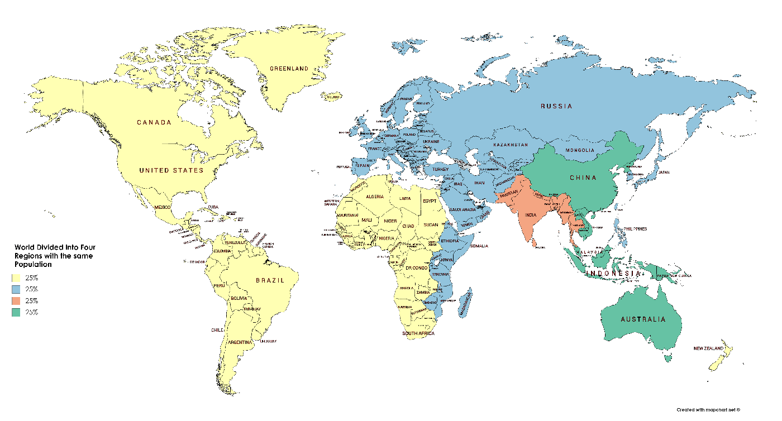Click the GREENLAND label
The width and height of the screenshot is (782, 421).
[x=289, y=69]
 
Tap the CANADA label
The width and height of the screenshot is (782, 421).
[x=154, y=122]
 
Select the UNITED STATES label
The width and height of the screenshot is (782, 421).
[x=171, y=170]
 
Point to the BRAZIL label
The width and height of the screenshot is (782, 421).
[x=270, y=280]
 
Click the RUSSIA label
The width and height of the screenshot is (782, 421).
[x=556, y=106]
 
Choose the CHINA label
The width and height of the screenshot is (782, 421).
[x=583, y=178]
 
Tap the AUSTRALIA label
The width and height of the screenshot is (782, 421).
[x=643, y=319]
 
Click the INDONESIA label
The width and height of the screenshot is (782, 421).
[x=613, y=274]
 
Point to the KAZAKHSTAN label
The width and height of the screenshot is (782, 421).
[x=510, y=145]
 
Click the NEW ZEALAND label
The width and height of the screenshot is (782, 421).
[x=708, y=348]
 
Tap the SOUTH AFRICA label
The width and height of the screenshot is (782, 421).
[x=418, y=333]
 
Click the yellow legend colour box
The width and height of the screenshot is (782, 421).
[x=17, y=278]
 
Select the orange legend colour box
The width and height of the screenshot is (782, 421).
[x=17, y=300]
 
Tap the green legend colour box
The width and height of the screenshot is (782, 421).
[x=17, y=312]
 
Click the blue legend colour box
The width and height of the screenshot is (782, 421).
[x=17, y=289]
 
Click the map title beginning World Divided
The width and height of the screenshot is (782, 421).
[x=54, y=255]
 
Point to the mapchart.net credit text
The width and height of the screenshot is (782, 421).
[x=708, y=410]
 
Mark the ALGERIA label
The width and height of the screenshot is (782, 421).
[x=374, y=197]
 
